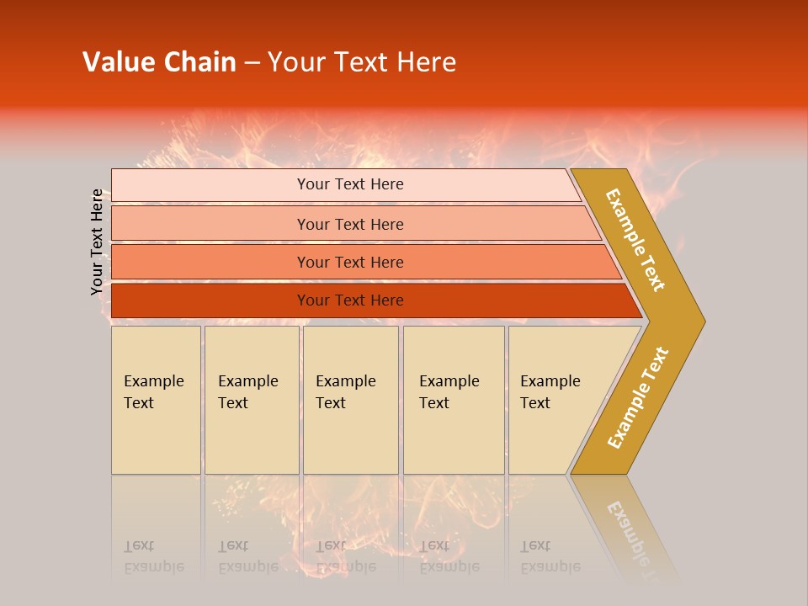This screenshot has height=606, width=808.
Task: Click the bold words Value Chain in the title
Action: point(159,62)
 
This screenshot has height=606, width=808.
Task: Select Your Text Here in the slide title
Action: point(362,62)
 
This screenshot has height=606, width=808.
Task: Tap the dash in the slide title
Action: point(252,63)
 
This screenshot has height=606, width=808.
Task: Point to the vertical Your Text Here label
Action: point(97,242)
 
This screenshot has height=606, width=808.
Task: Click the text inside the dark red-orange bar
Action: point(350,300)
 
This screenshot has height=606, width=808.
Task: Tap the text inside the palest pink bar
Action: point(350,184)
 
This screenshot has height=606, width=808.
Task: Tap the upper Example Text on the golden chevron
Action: point(635,240)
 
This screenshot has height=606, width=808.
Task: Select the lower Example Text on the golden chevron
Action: point(637,398)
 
